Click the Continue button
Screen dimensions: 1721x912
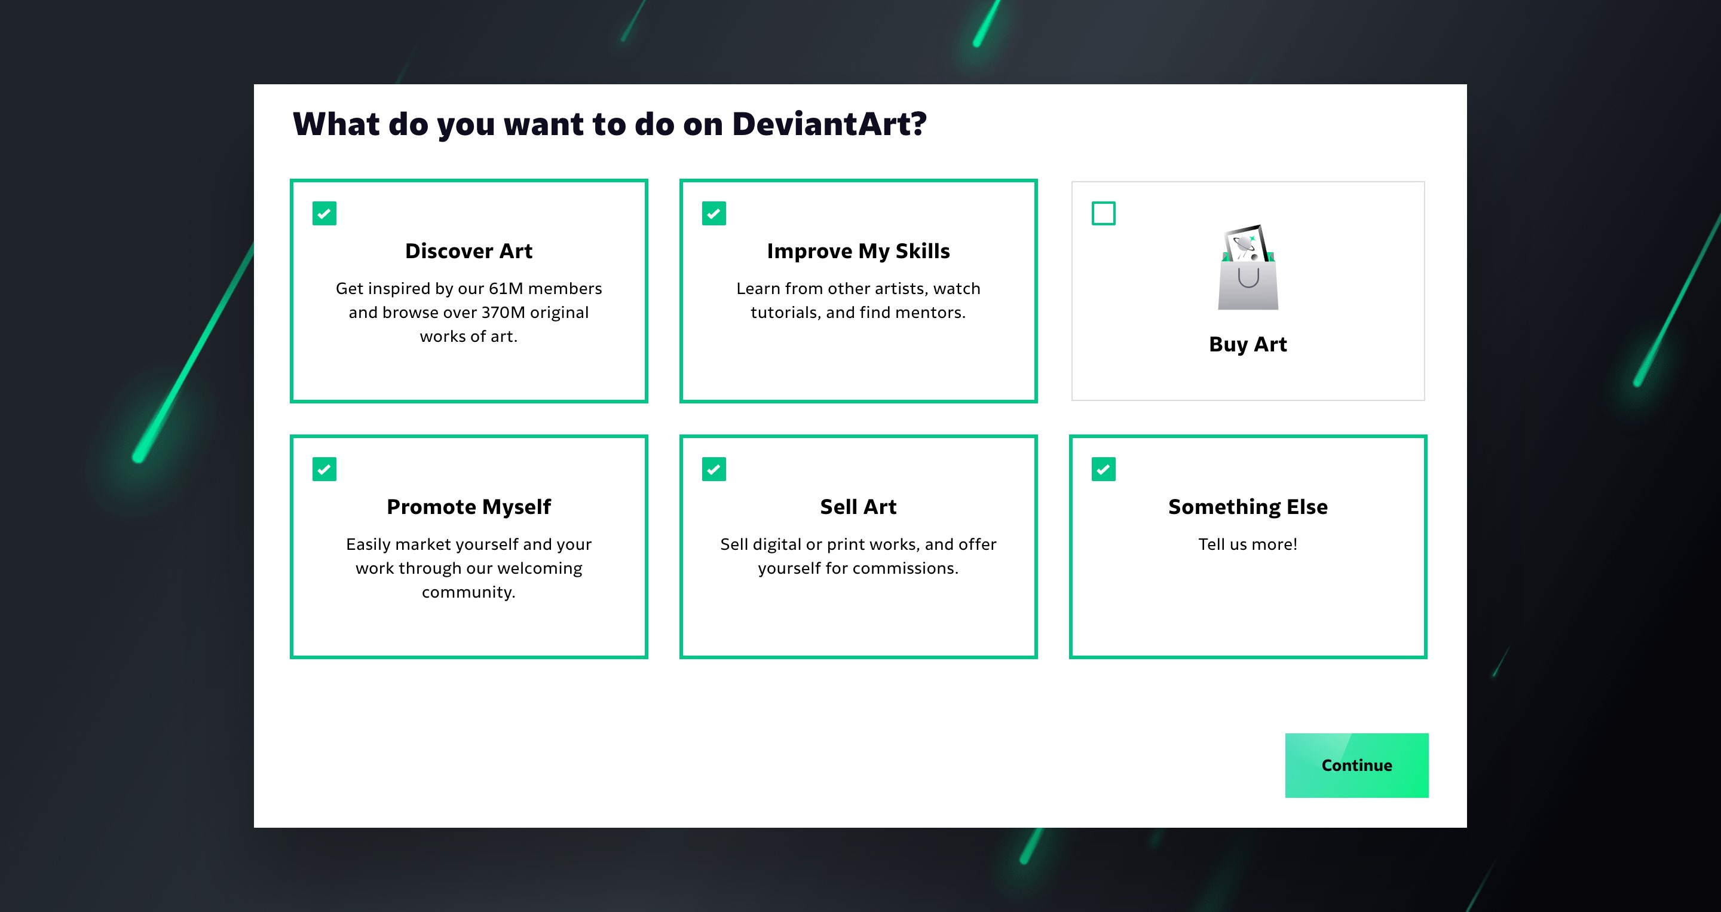point(1356,765)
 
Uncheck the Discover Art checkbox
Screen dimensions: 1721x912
point(324,214)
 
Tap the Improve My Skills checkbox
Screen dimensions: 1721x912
point(713,214)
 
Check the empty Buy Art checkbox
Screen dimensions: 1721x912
point(1103,214)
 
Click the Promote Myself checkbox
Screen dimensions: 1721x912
point(324,469)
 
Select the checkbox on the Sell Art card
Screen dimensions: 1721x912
point(713,469)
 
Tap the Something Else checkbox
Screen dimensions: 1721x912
point(1103,469)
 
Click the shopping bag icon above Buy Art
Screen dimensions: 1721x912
point(1248,267)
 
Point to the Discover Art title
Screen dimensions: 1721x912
point(469,251)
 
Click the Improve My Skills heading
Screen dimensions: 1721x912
point(859,251)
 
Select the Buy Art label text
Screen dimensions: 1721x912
point(1248,345)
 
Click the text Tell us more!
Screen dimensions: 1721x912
point(1248,544)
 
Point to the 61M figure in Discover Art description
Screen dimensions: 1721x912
point(506,289)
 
